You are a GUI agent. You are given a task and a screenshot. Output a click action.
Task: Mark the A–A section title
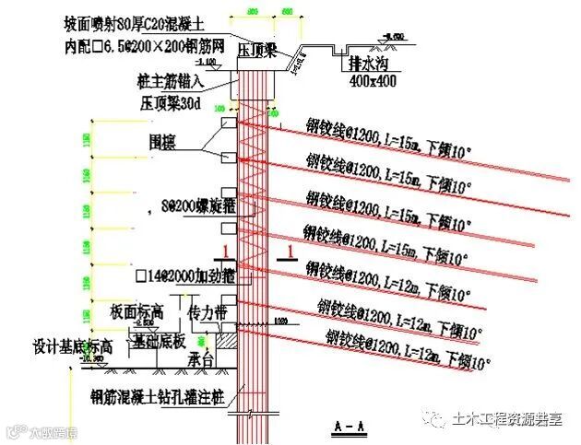coord(346,426)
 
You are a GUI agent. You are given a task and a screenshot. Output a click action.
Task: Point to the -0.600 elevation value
coord(392,37)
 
